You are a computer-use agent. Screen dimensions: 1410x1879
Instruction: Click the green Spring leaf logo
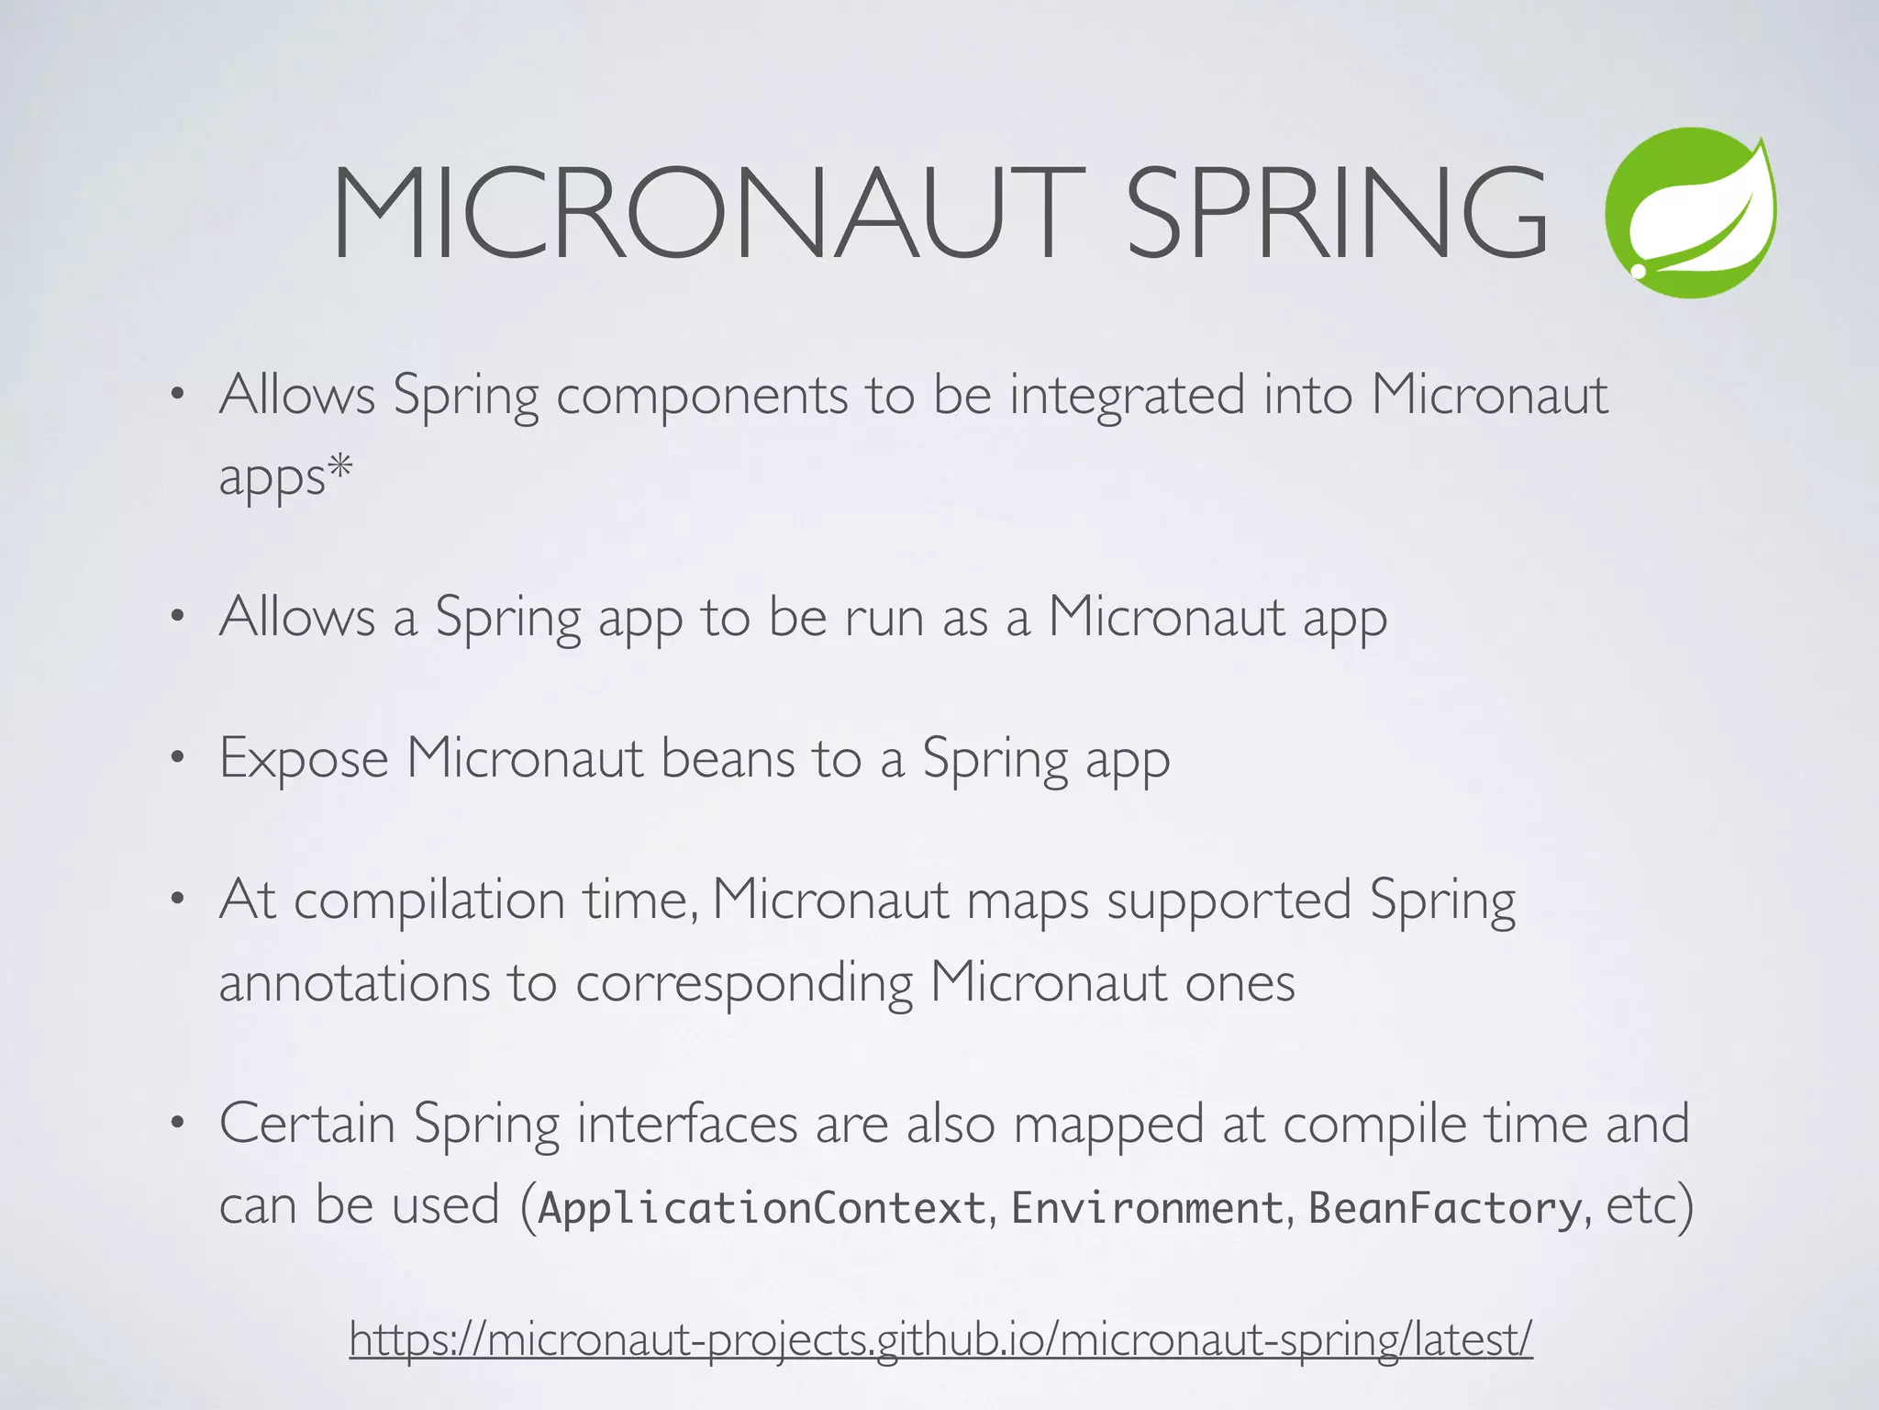point(1690,213)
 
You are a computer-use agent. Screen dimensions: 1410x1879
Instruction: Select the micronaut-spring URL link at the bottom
point(940,1339)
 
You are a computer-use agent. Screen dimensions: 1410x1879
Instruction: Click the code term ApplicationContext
point(762,1207)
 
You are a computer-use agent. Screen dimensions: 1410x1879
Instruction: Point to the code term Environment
point(1147,1207)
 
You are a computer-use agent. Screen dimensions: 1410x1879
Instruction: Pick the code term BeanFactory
point(1445,1207)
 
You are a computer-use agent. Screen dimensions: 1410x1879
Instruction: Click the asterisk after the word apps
point(340,468)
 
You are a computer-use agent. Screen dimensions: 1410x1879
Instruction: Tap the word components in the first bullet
point(702,397)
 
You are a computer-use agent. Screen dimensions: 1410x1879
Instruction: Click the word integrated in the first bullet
point(1128,397)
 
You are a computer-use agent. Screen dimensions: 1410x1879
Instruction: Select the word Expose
point(304,759)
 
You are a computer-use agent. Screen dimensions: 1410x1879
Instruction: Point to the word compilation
point(428,900)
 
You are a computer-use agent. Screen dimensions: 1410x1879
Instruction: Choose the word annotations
point(354,982)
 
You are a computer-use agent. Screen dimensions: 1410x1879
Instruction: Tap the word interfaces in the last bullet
point(687,1124)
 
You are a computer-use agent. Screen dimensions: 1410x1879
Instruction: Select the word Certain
point(307,1124)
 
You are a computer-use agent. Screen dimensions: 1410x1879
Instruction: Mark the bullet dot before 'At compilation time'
point(178,900)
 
